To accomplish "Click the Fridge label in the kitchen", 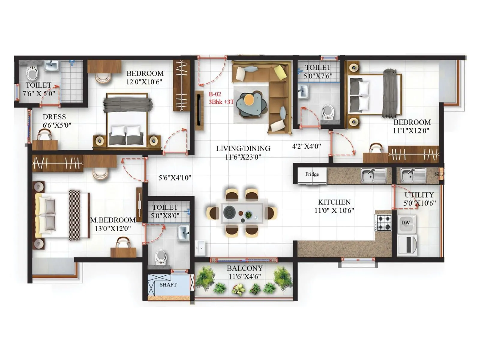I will pyautogui.click(x=312, y=174).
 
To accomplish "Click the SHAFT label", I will pyautogui.click(x=168, y=285).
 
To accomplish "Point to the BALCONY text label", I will pyautogui.click(x=244, y=268).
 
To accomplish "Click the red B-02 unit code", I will pyautogui.click(x=215, y=94).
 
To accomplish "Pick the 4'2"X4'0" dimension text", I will pyautogui.click(x=306, y=146).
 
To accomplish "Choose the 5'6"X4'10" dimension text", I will pyautogui.click(x=175, y=178).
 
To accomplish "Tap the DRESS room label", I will pyautogui.click(x=54, y=117).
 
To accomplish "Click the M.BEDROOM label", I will pyautogui.click(x=113, y=220).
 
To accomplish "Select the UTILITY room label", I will pyautogui.click(x=419, y=195).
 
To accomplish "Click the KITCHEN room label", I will pyautogui.click(x=334, y=202).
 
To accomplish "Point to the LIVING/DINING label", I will pyautogui.click(x=243, y=148).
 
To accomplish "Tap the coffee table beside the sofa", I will pyautogui.click(x=250, y=103).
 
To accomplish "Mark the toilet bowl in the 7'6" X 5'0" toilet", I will pyautogui.click(x=32, y=72).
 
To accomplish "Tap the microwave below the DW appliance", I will pyautogui.click(x=407, y=244).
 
